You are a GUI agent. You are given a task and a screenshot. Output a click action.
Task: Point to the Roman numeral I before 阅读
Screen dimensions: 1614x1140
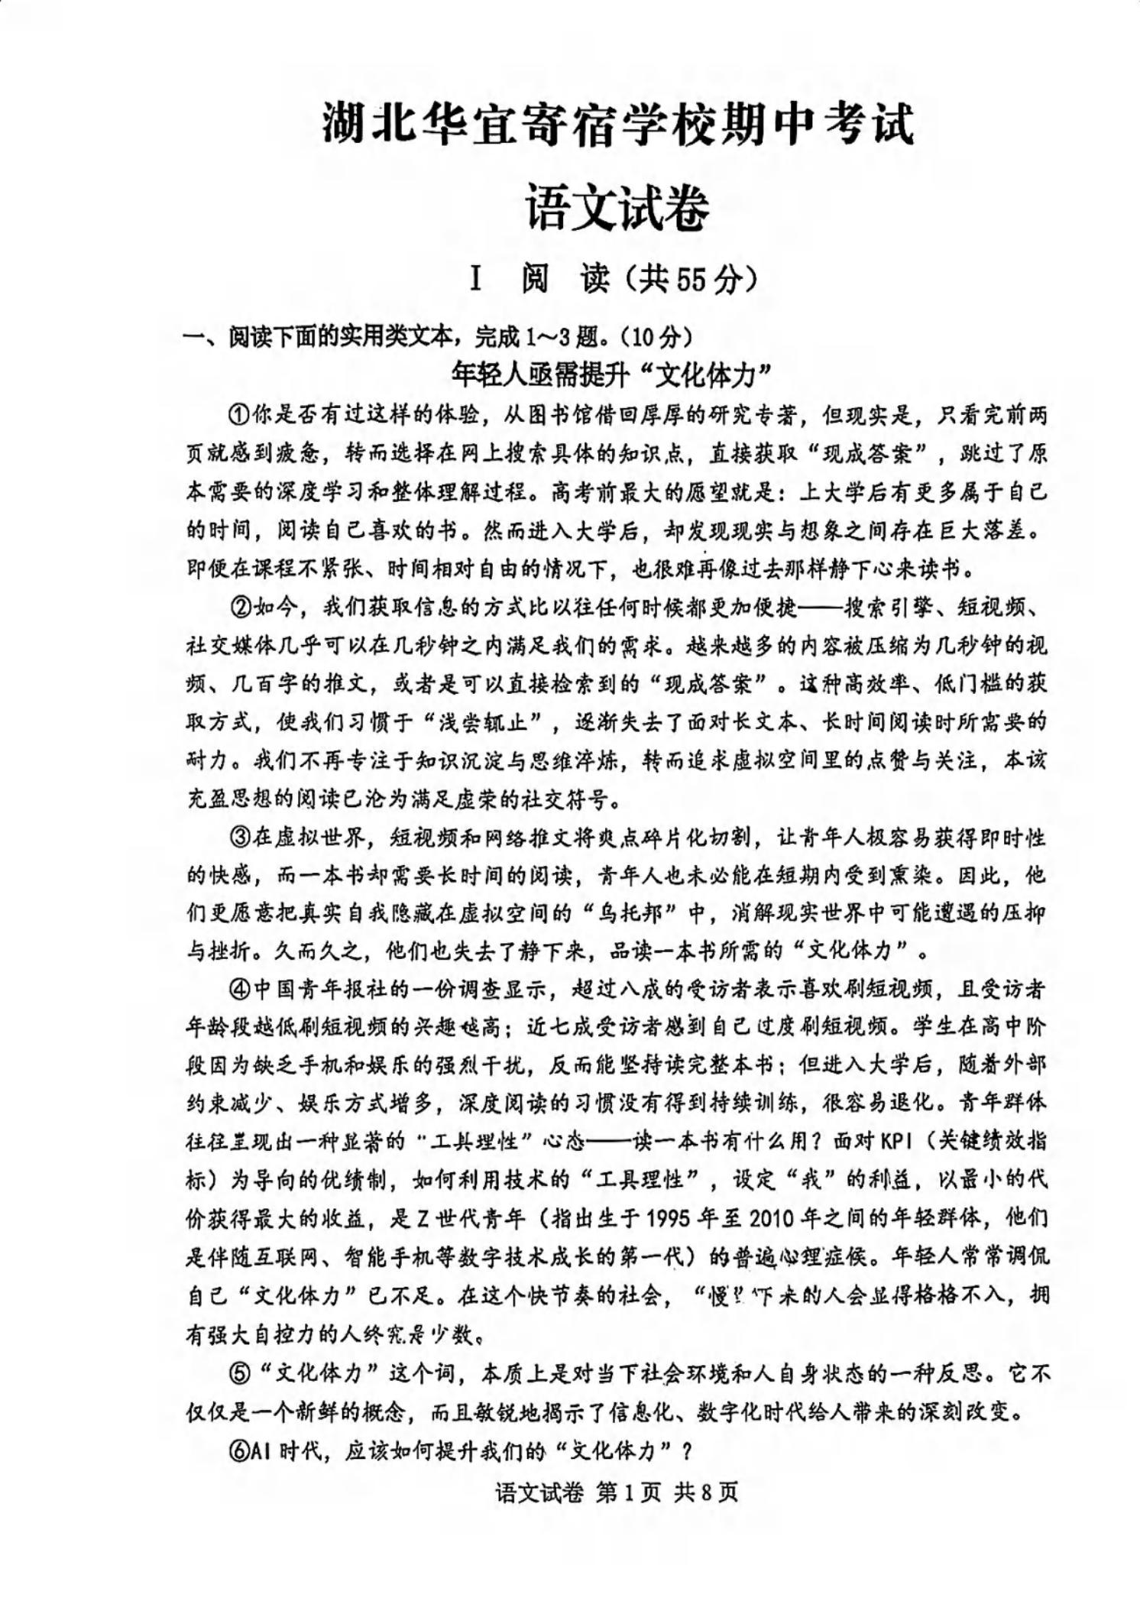476,280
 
